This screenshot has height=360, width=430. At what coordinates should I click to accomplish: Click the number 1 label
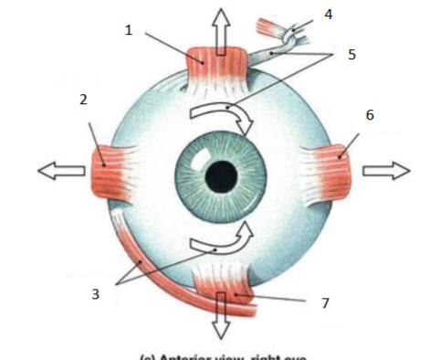pos(129,31)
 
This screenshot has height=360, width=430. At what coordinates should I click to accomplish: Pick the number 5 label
pos(352,55)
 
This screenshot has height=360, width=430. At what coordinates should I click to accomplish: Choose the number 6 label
pos(370,116)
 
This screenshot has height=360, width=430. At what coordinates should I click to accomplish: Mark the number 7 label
pos(324,302)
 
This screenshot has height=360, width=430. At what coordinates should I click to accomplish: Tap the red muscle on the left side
pos(107,169)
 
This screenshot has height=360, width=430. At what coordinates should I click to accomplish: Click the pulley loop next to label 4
pos(291,35)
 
